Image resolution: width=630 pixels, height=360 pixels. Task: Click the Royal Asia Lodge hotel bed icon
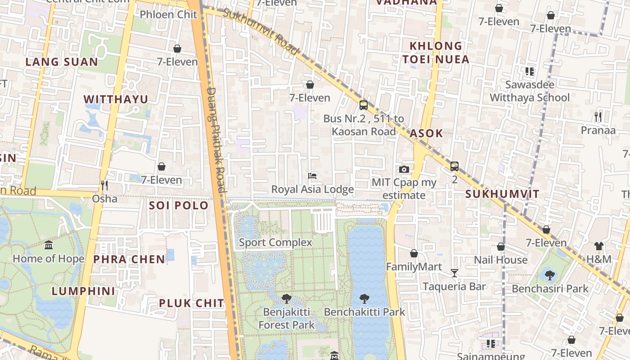tap(312, 175)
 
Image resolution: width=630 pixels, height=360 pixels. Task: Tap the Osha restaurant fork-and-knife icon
tap(104, 185)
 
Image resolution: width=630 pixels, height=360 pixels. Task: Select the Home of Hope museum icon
tap(49, 245)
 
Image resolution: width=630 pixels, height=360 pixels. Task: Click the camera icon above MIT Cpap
tap(404, 169)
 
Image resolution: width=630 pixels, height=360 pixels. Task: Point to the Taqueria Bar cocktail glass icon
tap(454, 273)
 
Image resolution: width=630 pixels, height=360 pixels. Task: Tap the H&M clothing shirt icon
tap(598, 246)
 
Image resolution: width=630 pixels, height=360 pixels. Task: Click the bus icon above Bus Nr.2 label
tap(364, 105)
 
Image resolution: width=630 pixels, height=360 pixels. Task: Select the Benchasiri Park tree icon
tap(549, 275)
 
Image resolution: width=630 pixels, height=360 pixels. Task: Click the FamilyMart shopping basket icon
tap(414, 253)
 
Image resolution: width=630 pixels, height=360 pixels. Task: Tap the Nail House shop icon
tap(500, 247)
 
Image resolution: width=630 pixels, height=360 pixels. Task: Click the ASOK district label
tap(426, 133)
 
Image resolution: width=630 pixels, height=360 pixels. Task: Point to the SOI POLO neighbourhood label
tap(179, 206)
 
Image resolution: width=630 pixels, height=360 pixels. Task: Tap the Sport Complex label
tap(275, 243)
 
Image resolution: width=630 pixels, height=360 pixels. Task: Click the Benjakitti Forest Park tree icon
tap(286, 298)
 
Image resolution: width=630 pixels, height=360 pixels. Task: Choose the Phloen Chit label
tap(168, 14)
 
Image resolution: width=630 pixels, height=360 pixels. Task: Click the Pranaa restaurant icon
tap(598, 117)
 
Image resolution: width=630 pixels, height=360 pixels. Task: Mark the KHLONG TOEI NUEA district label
tap(436, 53)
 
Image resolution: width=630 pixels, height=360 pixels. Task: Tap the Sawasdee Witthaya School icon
tap(530, 71)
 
